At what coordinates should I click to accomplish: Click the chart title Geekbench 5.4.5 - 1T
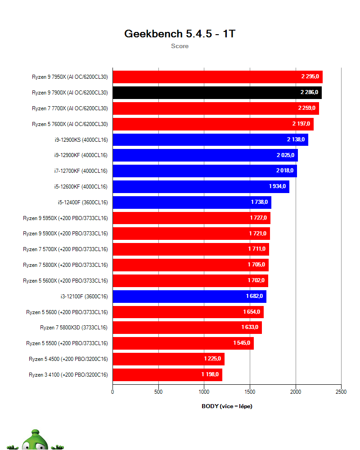pyautogui.click(x=180, y=34)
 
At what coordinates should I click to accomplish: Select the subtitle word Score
pyautogui.click(x=180, y=46)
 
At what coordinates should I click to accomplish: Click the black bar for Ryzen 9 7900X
pyautogui.click(x=217, y=93)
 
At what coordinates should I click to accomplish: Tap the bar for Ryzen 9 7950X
pyautogui.click(x=217, y=77)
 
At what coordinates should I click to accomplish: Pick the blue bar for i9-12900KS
pyautogui.click(x=210, y=139)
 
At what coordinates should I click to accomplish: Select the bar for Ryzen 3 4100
pyautogui.click(x=167, y=374)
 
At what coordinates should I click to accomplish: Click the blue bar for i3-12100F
pyautogui.click(x=189, y=296)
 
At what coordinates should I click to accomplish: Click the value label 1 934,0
pyautogui.click(x=277, y=186)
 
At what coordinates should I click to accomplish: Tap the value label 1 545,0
pyautogui.click(x=242, y=343)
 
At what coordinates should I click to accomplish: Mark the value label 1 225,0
pyautogui.click(x=212, y=359)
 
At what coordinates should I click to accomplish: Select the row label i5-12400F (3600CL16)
pyautogui.click(x=83, y=202)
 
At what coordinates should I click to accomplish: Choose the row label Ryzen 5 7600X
pyautogui.click(x=70, y=124)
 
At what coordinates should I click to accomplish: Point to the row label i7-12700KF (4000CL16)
pyautogui.click(x=81, y=171)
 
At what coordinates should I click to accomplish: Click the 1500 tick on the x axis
pyautogui.click(x=250, y=392)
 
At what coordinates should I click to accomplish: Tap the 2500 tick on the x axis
pyautogui.click(x=341, y=392)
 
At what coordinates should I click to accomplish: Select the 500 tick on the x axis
pyautogui.click(x=158, y=392)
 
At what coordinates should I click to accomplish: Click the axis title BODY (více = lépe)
pyautogui.click(x=227, y=406)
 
